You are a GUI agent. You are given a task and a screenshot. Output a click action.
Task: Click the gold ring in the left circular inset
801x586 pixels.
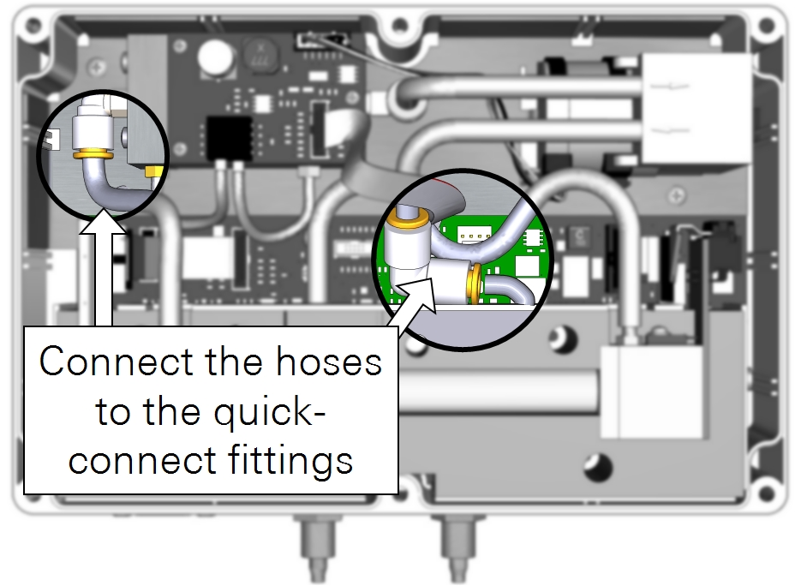(91, 155)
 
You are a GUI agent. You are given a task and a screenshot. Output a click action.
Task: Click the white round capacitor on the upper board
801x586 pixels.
(214, 57)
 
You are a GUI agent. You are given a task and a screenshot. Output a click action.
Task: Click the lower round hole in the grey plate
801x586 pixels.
(600, 467)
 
